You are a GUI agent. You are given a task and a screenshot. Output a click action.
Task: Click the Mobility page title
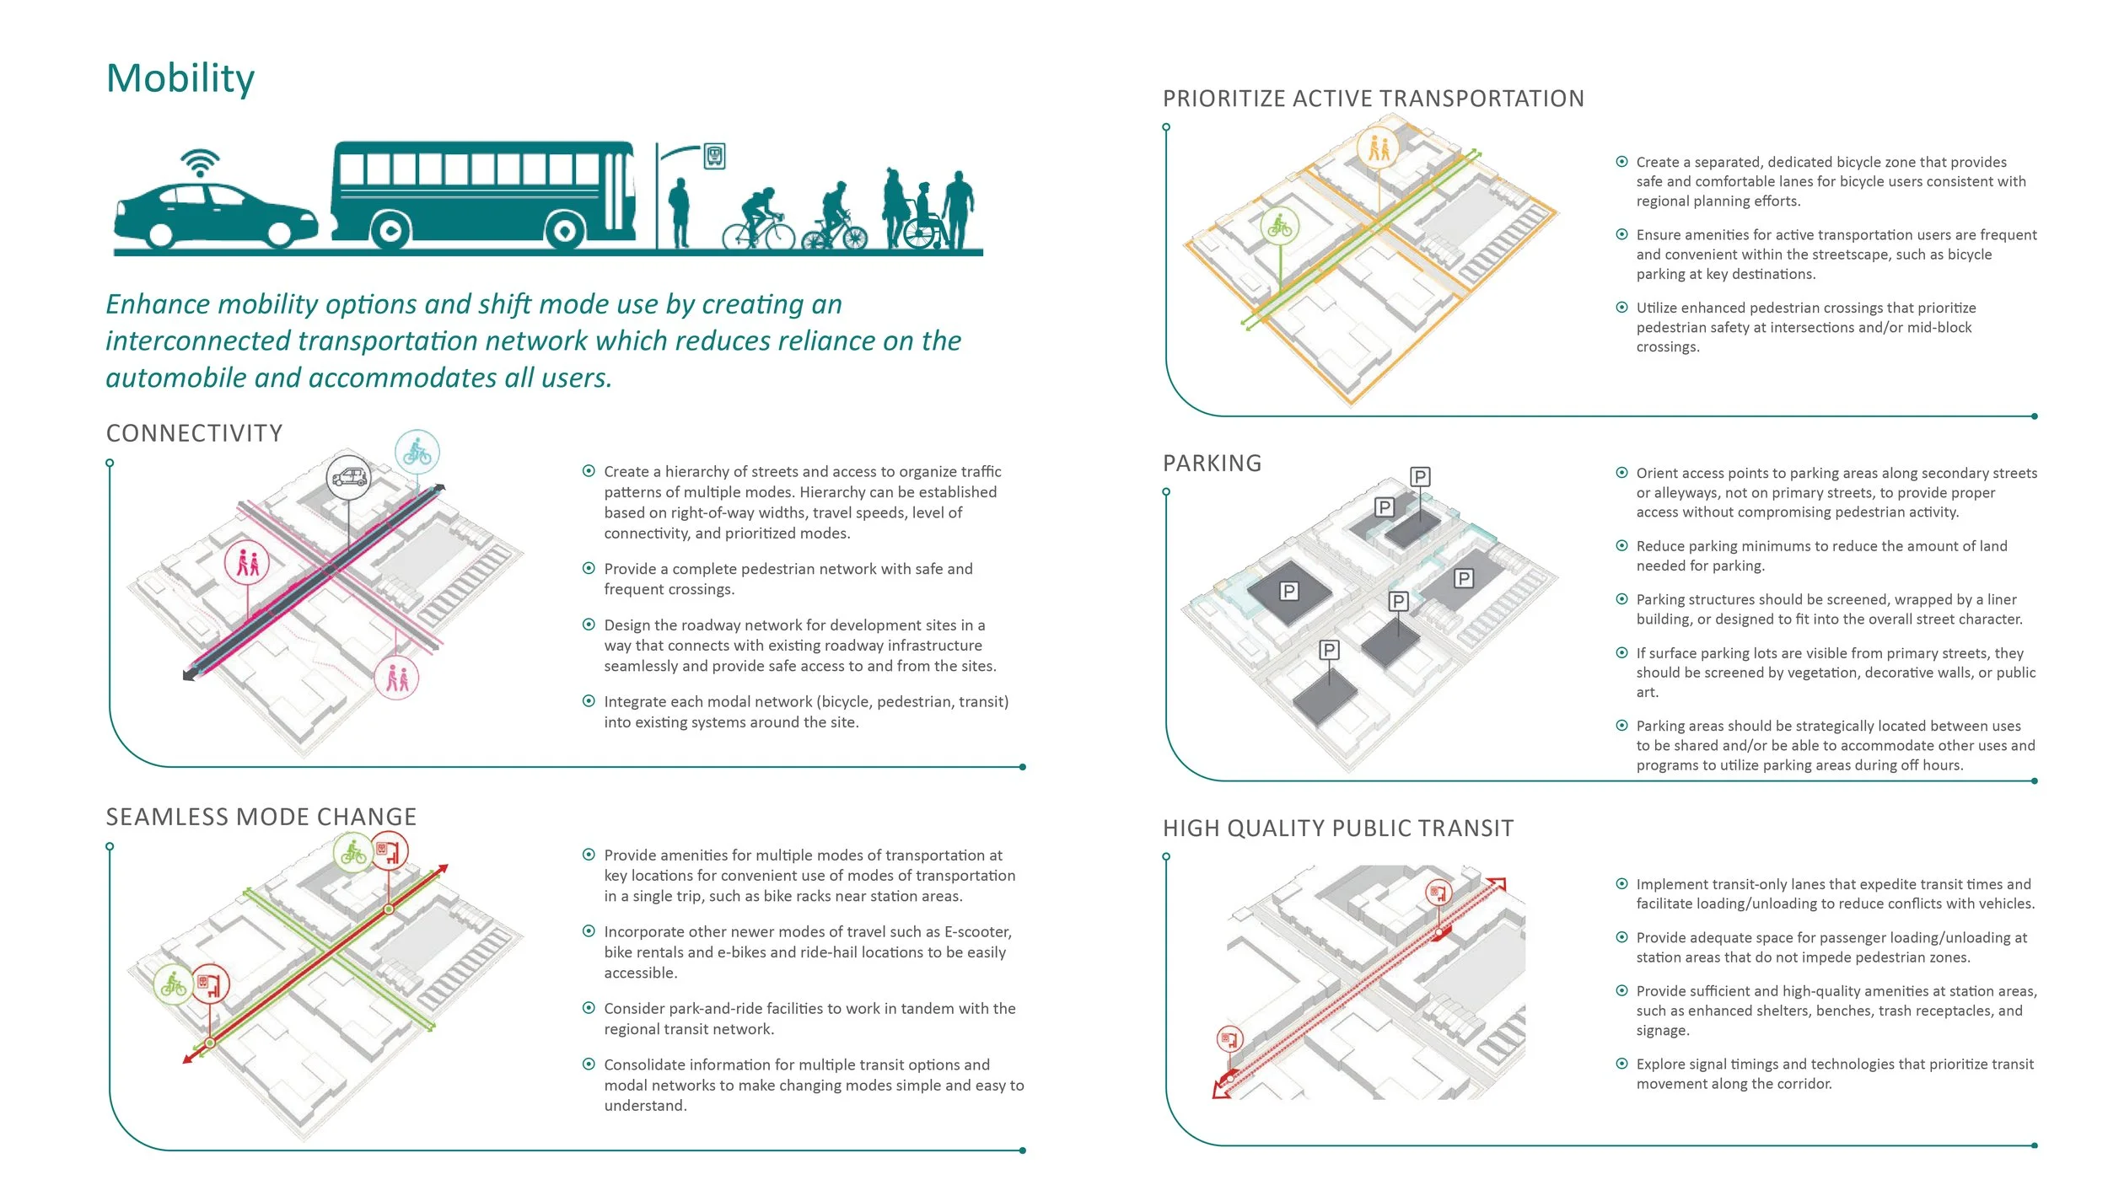point(180,78)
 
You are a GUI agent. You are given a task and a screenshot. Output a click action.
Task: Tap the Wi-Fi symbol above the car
point(200,163)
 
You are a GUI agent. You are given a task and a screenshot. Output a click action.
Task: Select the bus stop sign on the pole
point(714,156)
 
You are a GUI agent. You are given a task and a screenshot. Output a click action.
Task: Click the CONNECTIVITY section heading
point(194,433)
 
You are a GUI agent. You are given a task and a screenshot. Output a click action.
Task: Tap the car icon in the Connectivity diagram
point(349,478)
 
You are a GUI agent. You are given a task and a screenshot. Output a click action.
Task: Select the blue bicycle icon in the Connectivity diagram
point(417,453)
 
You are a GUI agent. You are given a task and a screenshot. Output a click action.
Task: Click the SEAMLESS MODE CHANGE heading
point(261,817)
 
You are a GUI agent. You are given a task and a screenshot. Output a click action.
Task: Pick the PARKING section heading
point(1212,464)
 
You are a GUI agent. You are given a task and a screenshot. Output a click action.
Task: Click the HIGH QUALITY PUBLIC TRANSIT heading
point(1338,828)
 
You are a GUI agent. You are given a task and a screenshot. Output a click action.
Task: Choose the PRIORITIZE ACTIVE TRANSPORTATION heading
point(1374,99)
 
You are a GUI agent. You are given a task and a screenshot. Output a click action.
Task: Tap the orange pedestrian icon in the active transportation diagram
point(1378,149)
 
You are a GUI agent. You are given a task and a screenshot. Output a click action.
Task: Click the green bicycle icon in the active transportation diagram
point(1280,227)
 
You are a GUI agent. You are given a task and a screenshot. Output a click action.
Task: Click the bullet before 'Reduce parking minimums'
point(1621,546)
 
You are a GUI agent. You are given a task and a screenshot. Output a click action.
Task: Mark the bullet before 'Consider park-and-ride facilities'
point(589,1008)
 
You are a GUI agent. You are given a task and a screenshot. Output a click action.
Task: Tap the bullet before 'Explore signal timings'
point(1621,1064)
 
